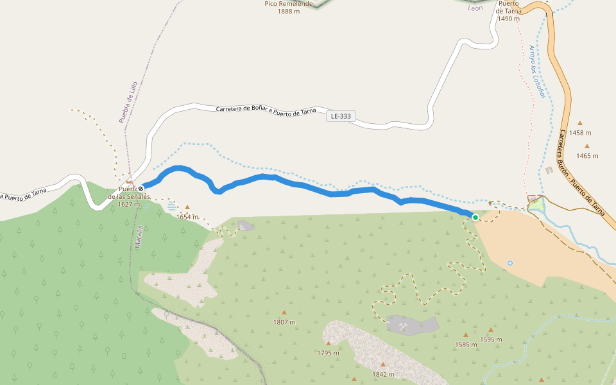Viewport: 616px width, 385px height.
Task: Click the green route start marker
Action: pos(475,218)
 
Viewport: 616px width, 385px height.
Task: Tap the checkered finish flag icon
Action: pos(141,188)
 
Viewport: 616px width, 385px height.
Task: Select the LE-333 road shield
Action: pos(341,117)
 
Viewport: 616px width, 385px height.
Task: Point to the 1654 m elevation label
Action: pos(187,217)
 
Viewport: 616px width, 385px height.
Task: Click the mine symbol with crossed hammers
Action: pos(403,327)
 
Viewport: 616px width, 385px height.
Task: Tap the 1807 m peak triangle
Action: pos(284,312)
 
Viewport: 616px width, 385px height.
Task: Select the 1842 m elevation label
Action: pos(383,374)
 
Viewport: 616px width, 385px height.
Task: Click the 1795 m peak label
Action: pos(328,353)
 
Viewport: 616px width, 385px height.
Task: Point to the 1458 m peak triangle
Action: pos(580,123)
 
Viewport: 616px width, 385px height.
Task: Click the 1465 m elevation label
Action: pos(586,156)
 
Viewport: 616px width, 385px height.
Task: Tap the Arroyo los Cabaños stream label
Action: pos(537,71)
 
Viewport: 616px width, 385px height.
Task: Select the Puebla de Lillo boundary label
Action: pos(128,102)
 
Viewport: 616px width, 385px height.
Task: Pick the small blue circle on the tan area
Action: pos(510,262)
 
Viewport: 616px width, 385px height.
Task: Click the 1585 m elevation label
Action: pos(466,345)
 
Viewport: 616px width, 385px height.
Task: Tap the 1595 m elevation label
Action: pos(491,339)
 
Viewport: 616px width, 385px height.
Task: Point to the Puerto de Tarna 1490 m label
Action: pos(508,11)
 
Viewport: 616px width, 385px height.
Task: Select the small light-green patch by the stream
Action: pos(536,204)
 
